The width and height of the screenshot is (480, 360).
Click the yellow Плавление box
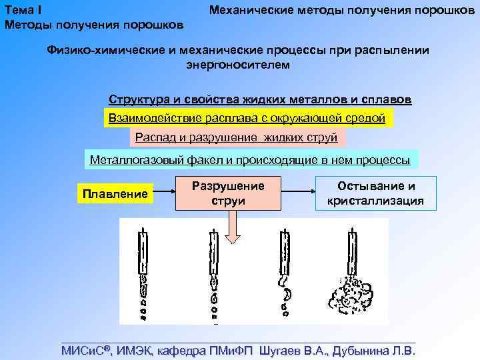(x=115, y=194)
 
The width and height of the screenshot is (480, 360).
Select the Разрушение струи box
(x=228, y=193)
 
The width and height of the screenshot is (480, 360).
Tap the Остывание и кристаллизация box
(x=375, y=193)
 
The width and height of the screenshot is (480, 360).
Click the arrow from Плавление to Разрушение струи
(x=165, y=193)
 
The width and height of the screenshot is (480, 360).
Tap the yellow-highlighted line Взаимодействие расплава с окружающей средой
(x=247, y=119)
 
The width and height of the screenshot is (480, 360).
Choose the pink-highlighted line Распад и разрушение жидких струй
(x=236, y=138)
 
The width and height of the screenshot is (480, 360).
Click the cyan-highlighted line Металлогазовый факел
(x=250, y=160)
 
